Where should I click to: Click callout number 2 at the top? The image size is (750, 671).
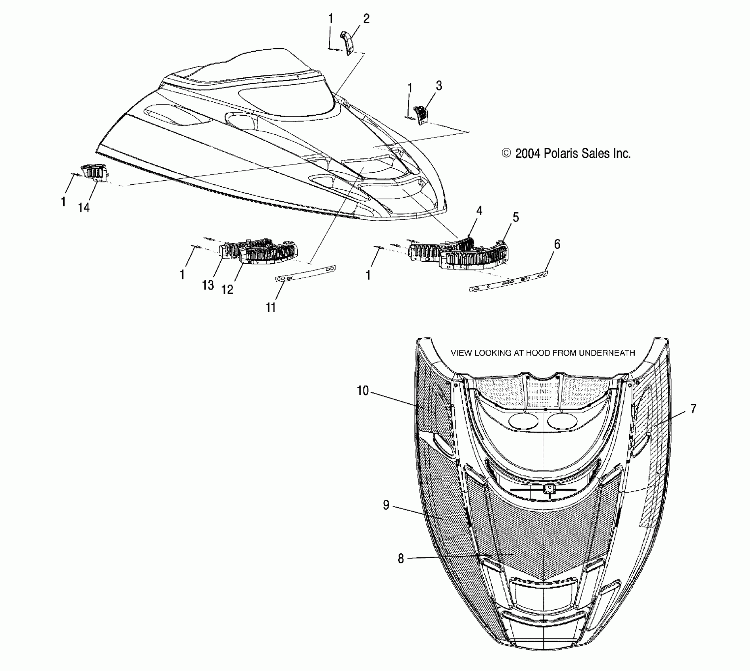point(366,19)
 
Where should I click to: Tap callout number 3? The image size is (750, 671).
point(439,86)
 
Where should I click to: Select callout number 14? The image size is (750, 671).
point(84,207)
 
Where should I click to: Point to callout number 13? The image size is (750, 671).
point(208,285)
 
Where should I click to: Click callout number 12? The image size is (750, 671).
point(227,289)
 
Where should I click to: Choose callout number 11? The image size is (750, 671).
point(271,307)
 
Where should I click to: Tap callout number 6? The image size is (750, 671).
point(557,244)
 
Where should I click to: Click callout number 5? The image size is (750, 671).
point(516,217)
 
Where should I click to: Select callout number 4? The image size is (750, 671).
point(479,210)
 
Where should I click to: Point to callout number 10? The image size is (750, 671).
point(362,391)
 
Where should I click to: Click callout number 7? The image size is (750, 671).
point(693,409)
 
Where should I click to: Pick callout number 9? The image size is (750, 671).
point(386,505)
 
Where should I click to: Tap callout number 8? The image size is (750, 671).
point(401,559)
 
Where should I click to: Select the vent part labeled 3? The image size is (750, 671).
point(420,114)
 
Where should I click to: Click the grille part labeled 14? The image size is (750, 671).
point(95,173)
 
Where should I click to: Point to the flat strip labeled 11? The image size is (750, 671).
point(305,273)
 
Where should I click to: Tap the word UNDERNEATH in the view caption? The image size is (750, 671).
point(607,353)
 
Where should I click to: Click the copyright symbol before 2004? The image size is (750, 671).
point(506,154)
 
